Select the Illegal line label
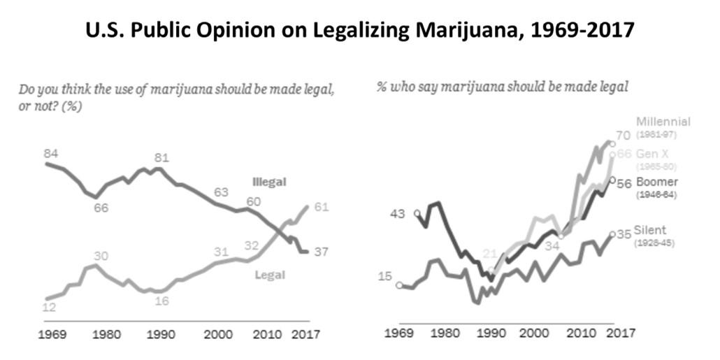coord(269,182)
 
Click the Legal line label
coord(269,275)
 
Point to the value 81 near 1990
coord(161,157)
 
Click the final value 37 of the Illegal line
coord(322,252)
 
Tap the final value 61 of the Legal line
coord(322,208)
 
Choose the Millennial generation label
coord(663,122)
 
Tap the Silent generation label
coord(651,230)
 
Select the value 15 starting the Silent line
coord(385,277)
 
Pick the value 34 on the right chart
coord(552,246)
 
